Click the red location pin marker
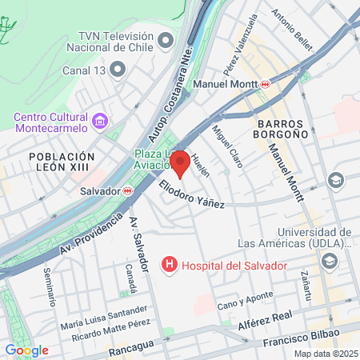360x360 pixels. point(180,162)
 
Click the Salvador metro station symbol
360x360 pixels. point(127,190)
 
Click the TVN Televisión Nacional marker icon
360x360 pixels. point(166,38)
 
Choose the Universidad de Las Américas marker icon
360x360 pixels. point(329,261)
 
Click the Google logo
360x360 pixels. point(26,350)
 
